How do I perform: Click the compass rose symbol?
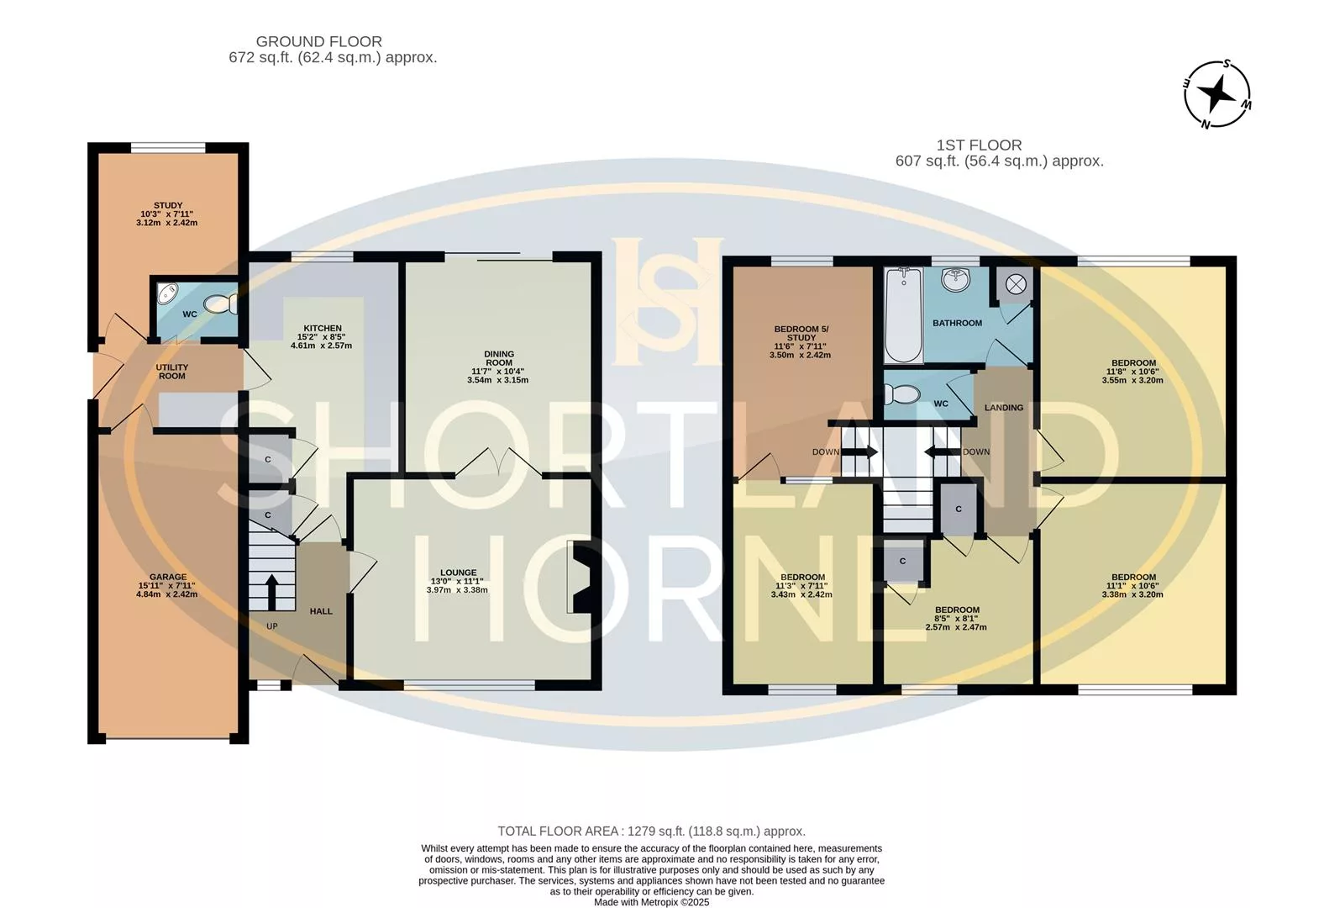tap(1216, 94)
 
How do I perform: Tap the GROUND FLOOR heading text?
tap(318, 41)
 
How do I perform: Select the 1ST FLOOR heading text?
tap(979, 145)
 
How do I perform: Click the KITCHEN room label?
tap(322, 328)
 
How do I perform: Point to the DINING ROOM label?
tap(499, 358)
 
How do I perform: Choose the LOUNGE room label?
tap(458, 573)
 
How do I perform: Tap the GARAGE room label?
tap(168, 577)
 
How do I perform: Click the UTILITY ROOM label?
tap(172, 372)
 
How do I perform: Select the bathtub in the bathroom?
tap(903, 314)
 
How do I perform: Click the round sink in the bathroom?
tap(956, 279)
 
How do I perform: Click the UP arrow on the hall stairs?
tap(271, 592)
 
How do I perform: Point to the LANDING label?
tap(1004, 408)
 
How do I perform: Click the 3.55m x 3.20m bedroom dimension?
tap(1132, 380)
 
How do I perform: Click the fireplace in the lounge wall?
tap(581, 577)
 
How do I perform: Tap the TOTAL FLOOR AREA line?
tap(651, 831)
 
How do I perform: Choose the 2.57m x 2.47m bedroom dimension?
tap(956, 627)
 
